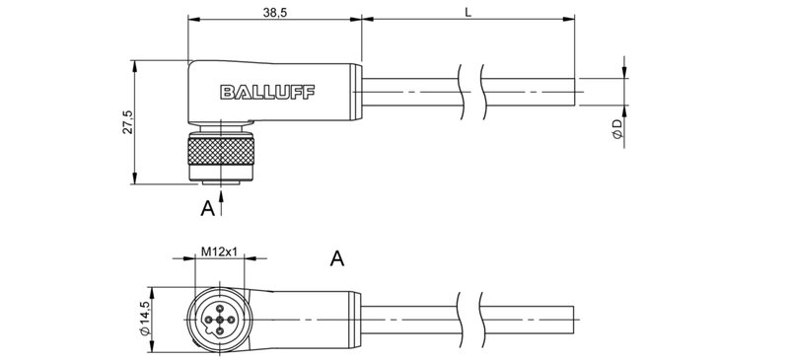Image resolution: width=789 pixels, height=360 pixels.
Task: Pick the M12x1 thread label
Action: pos(219,252)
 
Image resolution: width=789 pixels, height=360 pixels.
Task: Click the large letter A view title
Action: pos(337,259)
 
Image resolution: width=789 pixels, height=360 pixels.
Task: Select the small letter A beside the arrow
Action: pos(207,208)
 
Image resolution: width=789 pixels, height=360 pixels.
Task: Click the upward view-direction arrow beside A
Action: pos(224,202)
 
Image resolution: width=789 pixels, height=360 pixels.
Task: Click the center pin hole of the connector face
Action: pos(219,321)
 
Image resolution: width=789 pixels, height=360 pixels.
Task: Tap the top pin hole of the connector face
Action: pos(219,309)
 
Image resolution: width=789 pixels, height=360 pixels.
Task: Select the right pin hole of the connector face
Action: pos(231,321)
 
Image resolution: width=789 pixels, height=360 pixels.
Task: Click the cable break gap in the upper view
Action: pos(470,92)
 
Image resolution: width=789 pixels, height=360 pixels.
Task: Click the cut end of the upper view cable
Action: pos(575,92)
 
